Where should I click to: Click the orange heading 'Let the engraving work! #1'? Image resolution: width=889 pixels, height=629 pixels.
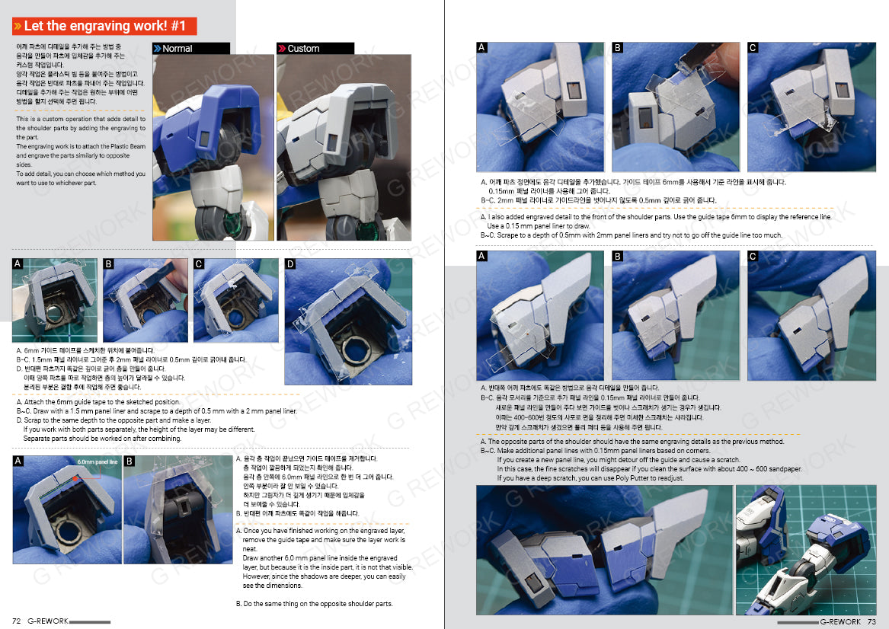(105, 26)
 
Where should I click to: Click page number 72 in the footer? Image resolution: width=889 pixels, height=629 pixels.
(17, 621)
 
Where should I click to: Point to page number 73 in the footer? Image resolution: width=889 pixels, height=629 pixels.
(873, 621)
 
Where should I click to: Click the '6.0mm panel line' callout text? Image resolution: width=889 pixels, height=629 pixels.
(98, 462)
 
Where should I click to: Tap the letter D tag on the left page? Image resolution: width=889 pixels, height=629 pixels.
(289, 264)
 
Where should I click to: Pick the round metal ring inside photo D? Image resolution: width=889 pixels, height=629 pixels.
(353, 353)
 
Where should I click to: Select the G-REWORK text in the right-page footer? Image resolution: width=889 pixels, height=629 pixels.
(841, 621)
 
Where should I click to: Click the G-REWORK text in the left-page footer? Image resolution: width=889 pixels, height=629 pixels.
(48, 621)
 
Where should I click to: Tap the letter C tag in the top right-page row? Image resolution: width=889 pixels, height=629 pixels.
(753, 48)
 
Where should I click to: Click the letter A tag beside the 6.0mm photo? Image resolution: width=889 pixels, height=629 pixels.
(18, 461)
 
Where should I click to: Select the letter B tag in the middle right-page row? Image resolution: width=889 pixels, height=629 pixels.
(618, 257)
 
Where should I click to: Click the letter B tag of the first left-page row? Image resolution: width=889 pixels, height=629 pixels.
(108, 264)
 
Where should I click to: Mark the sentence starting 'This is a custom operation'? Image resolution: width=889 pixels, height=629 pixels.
(80, 120)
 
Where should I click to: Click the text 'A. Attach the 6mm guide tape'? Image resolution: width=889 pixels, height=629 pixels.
(98, 401)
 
